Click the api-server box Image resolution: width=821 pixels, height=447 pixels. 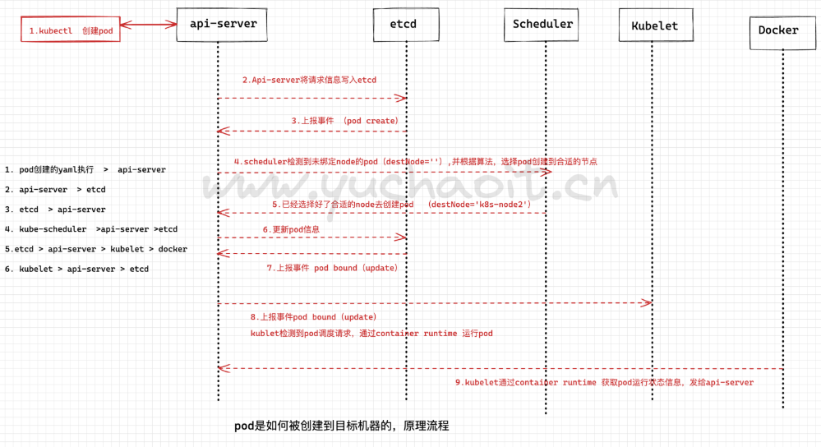(223, 24)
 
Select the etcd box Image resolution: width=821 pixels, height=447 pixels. (403, 24)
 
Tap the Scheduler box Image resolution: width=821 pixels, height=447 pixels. (542, 24)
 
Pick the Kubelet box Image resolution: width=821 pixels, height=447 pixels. (654, 25)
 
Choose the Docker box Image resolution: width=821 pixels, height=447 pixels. (778, 30)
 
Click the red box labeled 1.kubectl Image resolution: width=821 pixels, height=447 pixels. (71, 30)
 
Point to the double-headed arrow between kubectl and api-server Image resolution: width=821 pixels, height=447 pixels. (149, 24)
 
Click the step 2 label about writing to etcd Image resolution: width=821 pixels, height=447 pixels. (308, 80)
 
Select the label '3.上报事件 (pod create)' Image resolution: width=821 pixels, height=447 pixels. (344, 121)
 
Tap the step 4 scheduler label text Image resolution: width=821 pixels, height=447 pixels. (415, 162)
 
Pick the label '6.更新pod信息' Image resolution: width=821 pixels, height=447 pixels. (291, 229)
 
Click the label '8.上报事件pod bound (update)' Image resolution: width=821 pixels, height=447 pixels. (314, 316)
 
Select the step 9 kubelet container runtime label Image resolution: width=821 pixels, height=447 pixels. (604, 382)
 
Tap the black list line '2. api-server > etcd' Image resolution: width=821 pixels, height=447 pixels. (55, 190)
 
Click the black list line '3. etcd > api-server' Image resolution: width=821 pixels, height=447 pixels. (55, 210)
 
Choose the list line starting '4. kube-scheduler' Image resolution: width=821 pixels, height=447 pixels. (90, 229)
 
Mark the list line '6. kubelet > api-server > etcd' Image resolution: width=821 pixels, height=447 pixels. (76, 269)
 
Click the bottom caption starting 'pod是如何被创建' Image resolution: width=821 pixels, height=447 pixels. (342, 426)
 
